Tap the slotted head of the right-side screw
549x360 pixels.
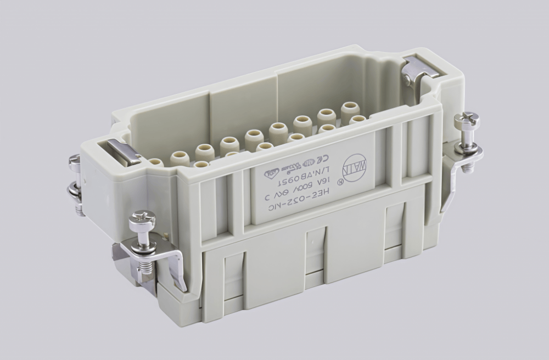coord(467,121)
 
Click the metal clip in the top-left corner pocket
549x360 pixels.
coord(124,152)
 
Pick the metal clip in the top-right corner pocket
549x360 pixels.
coord(420,69)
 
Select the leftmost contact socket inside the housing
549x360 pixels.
coord(155,162)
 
